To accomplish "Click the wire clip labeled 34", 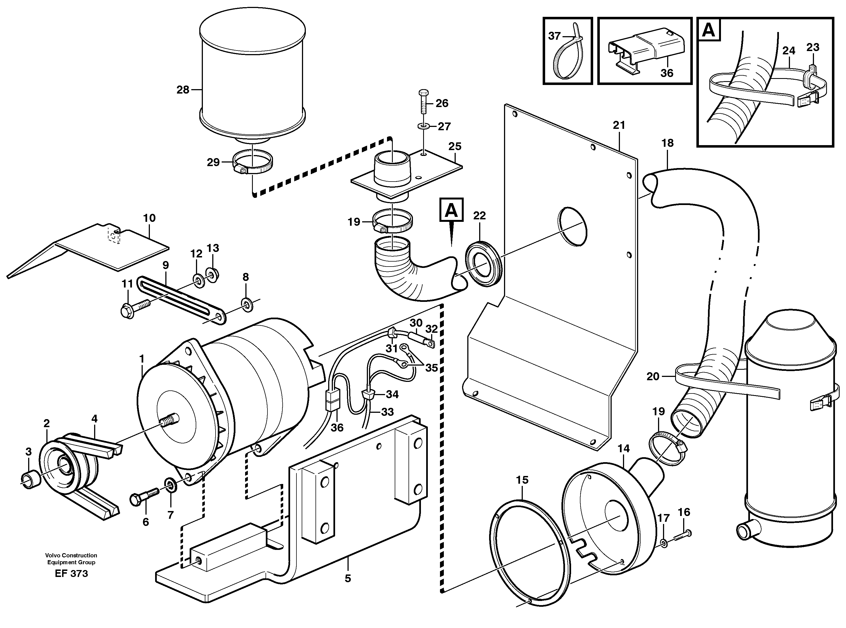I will [368, 394].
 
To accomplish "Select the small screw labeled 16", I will [683, 535].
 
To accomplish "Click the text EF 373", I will [71, 574].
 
